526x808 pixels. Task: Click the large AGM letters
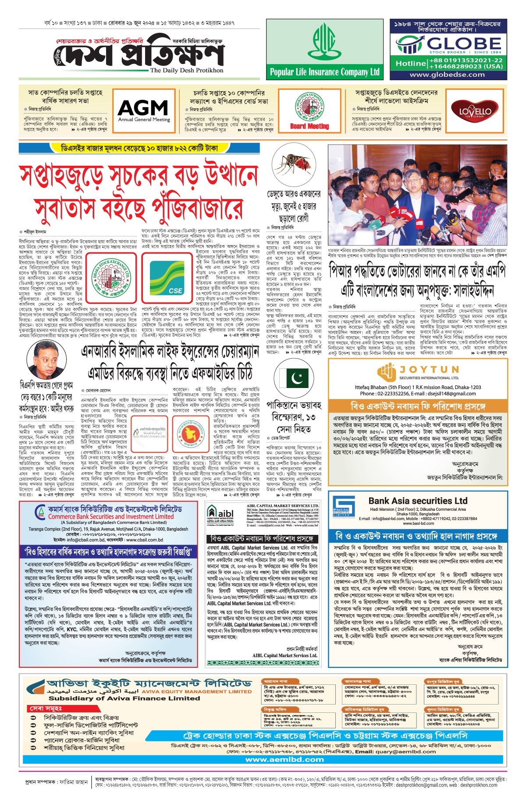143,107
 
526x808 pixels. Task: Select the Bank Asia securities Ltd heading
418,501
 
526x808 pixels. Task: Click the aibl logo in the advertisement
220,513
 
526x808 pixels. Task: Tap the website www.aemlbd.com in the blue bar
284,759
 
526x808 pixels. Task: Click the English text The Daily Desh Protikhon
187,70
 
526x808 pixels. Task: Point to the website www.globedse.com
447,75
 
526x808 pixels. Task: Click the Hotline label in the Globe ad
411,64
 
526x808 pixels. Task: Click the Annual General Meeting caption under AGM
144,120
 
